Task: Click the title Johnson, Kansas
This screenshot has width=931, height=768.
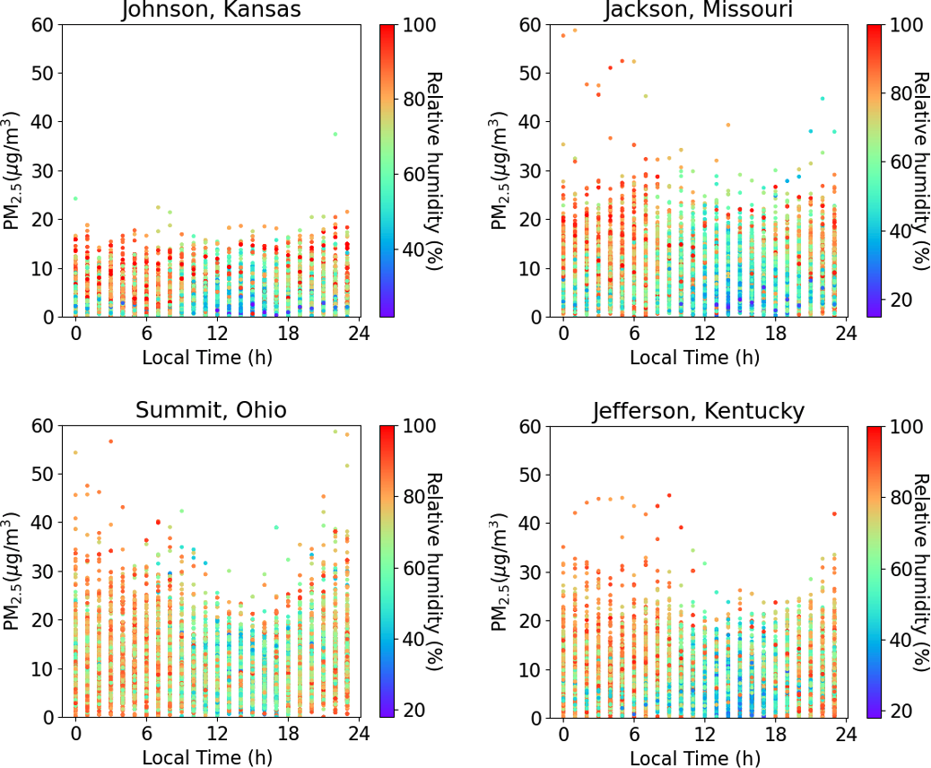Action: coord(212,10)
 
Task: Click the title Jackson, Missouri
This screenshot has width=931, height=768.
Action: coord(698,10)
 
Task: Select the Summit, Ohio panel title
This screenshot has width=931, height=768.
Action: coord(212,411)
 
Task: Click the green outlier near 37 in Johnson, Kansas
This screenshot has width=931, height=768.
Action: coord(335,134)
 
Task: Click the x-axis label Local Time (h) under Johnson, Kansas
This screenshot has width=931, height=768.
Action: coord(208,357)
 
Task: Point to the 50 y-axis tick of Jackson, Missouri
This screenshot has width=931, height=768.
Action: coord(531,73)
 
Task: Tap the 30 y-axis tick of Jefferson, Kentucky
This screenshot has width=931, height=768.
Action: coord(531,572)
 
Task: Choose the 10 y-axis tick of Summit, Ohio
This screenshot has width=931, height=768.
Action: coord(44,668)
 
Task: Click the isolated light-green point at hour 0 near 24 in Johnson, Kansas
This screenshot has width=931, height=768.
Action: coord(75,198)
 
